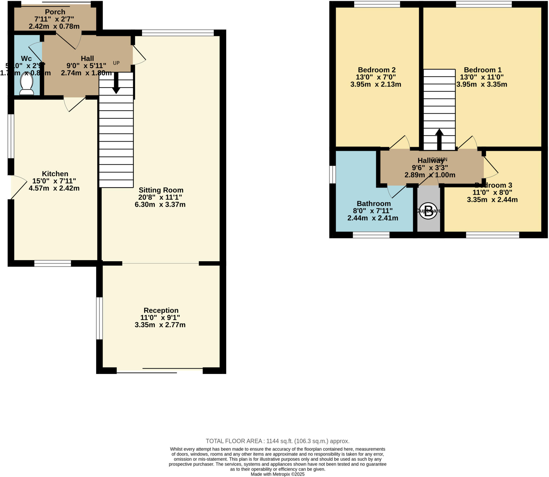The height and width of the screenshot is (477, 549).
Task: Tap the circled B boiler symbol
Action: coord(428,211)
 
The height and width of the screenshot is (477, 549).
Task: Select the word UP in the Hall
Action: coord(116,63)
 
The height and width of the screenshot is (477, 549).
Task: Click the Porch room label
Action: coord(55,12)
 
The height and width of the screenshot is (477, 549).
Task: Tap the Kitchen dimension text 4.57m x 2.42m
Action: coord(54,188)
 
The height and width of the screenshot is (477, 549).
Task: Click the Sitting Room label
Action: coord(161,190)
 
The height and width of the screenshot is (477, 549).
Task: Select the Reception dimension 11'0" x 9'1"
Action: coord(160,317)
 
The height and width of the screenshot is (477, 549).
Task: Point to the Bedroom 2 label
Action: coord(377,70)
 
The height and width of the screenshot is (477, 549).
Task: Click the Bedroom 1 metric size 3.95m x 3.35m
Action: coord(482,84)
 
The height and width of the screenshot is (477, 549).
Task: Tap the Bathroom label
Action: coord(373,204)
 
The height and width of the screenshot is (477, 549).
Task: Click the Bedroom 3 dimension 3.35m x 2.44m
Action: coord(492,200)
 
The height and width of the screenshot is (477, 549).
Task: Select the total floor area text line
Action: coord(277,441)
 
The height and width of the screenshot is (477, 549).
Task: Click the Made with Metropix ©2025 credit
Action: coord(277,474)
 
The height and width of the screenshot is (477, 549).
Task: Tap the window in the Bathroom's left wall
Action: coord(332,175)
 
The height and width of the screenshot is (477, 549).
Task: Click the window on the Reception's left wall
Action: coord(99,318)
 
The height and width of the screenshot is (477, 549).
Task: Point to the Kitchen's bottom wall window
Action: coord(53,263)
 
